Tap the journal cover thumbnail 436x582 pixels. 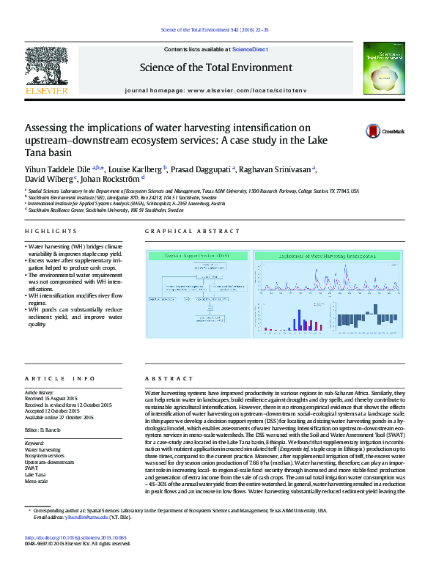[383, 68]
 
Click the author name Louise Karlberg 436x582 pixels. [144, 168]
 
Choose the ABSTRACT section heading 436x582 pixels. [164, 378]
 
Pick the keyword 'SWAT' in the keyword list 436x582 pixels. [32, 468]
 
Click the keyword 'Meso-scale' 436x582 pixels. [37, 482]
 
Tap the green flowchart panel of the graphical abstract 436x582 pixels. [197, 295]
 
